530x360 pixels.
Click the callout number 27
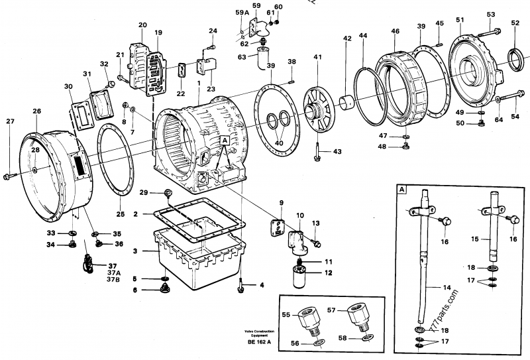click(x=9, y=121)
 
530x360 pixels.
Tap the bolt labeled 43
click(x=319, y=154)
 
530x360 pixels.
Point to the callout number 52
click(x=515, y=23)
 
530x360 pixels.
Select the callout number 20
click(x=142, y=25)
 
